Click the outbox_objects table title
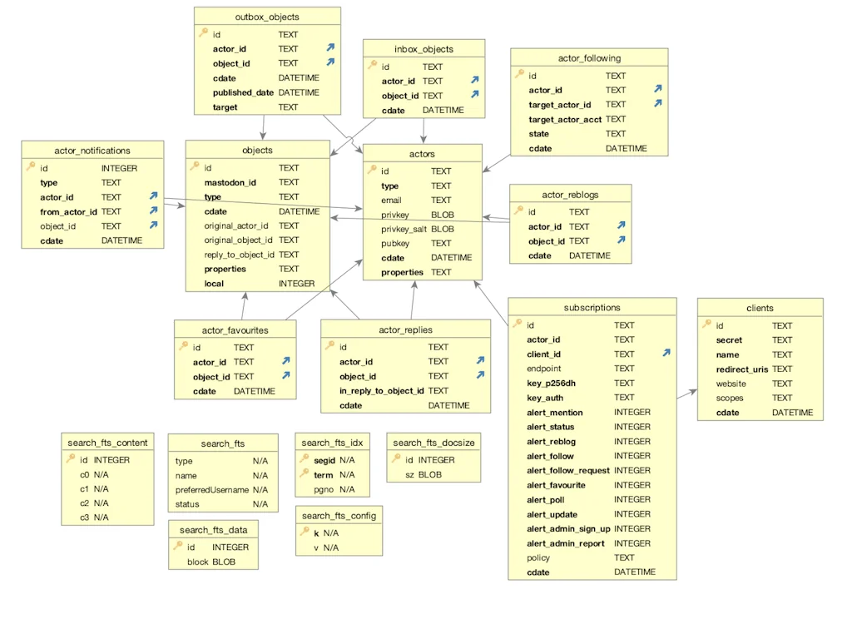[x=267, y=17]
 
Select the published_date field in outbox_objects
[x=243, y=92]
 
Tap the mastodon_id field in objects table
[x=230, y=182]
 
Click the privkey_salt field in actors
[x=404, y=229]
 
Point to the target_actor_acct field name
[x=565, y=119]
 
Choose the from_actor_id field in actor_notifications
[x=68, y=211]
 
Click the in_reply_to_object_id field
[x=381, y=390]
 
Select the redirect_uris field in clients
[x=742, y=369]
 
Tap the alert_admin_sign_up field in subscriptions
[x=568, y=528]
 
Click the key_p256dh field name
[x=551, y=383]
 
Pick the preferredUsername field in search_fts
[x=212, y=490]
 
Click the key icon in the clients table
[x=706, y=325]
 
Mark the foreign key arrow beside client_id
[x=666, y=354]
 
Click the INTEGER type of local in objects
[x=296, y=283]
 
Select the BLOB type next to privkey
[x=443, y=215]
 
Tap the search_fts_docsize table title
[x=433, y=443]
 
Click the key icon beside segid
[x=305, y=459]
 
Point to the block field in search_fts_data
[x=197, y=562]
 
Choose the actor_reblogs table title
[x=570, y=195]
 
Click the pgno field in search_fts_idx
[x=324, y=489]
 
